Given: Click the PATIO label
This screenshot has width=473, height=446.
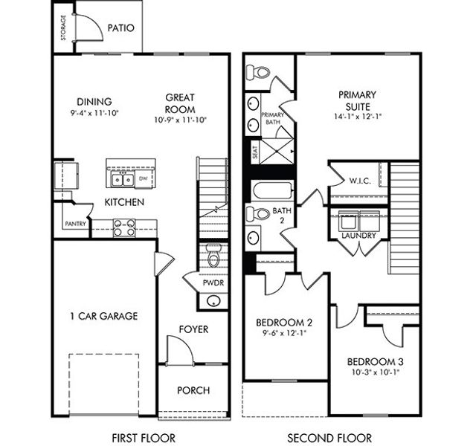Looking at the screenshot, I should (120, 28).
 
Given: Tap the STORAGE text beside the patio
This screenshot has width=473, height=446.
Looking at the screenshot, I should (62, 28).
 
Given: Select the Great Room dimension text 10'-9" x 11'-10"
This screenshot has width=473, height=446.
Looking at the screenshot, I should (180, 119).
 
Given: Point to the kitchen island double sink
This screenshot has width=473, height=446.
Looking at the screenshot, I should (120, 179).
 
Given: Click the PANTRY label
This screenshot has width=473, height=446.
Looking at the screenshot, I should (75, 223).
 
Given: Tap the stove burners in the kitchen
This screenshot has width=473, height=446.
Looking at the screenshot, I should (123, 227).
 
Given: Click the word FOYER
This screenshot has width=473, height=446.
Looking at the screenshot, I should (193, 329).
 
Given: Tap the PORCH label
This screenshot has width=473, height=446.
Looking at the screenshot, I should (193, 390).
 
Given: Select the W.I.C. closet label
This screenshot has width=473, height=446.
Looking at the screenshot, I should (361, 181).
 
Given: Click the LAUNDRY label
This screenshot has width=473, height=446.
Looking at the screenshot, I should (359, 236).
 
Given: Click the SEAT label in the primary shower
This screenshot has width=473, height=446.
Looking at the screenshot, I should (254, 153).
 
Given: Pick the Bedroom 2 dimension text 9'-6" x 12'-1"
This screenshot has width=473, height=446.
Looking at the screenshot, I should (283, 333).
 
